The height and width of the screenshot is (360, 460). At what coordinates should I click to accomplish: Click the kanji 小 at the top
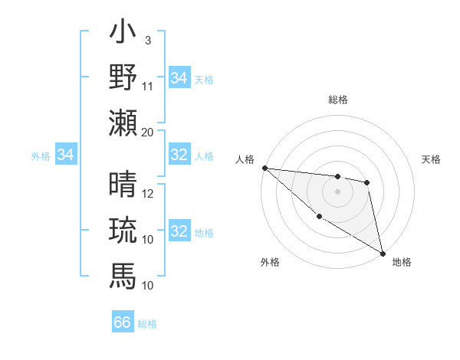pyautogui.click(x=123, y=35)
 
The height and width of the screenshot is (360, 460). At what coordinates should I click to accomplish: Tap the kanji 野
pyautogui.click(x=123, y=78)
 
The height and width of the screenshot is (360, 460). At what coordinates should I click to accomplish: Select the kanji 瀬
pyautogui.click(x=123, y=122)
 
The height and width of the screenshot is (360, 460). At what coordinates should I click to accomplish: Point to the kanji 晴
pyautogui.click(x=123, y=185)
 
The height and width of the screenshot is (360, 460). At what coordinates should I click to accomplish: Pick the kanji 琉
pyautogui.click(x=123, y=230)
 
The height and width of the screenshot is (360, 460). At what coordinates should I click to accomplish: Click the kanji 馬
pyautogui.click(x=123, y=273)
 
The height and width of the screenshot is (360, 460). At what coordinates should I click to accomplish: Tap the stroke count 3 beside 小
pyautogui.click(x=148, y=40)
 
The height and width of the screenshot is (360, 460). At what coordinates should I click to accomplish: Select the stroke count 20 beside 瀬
pyautogui.click(x=148, y=131)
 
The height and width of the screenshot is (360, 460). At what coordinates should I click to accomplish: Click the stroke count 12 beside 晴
pyautogui.click(x=148, y=194)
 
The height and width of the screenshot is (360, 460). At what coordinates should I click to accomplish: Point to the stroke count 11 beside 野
pyautogui.click(x=148, y=85)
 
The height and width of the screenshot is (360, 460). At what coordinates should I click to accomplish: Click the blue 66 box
pyautogui.click(x=123, y=322)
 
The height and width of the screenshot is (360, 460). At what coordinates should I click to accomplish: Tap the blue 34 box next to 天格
pyautogui.click(x=179, y=77)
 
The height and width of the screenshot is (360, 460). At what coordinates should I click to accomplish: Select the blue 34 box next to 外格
pyautogui.click(x=66, y=155)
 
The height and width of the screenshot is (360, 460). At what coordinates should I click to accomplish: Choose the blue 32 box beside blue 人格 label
pyautogui.click(x=179, y=155)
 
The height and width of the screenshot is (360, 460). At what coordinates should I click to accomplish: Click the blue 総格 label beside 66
pyautogui.click(x=147, y=324)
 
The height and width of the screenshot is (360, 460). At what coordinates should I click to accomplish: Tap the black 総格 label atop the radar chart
pyautogui.click(x=338, y=100)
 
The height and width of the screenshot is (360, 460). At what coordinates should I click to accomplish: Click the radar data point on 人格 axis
pyautogui.click(x=264, y=168)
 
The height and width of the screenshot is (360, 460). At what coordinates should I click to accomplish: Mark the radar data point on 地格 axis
pyautogui.click(x=383, y=252)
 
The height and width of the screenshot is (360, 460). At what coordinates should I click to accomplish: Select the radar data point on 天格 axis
pyautogui.click(x=367, y=182)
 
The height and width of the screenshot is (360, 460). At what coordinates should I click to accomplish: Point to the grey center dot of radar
pyautogui.click(x=337, y=191)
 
